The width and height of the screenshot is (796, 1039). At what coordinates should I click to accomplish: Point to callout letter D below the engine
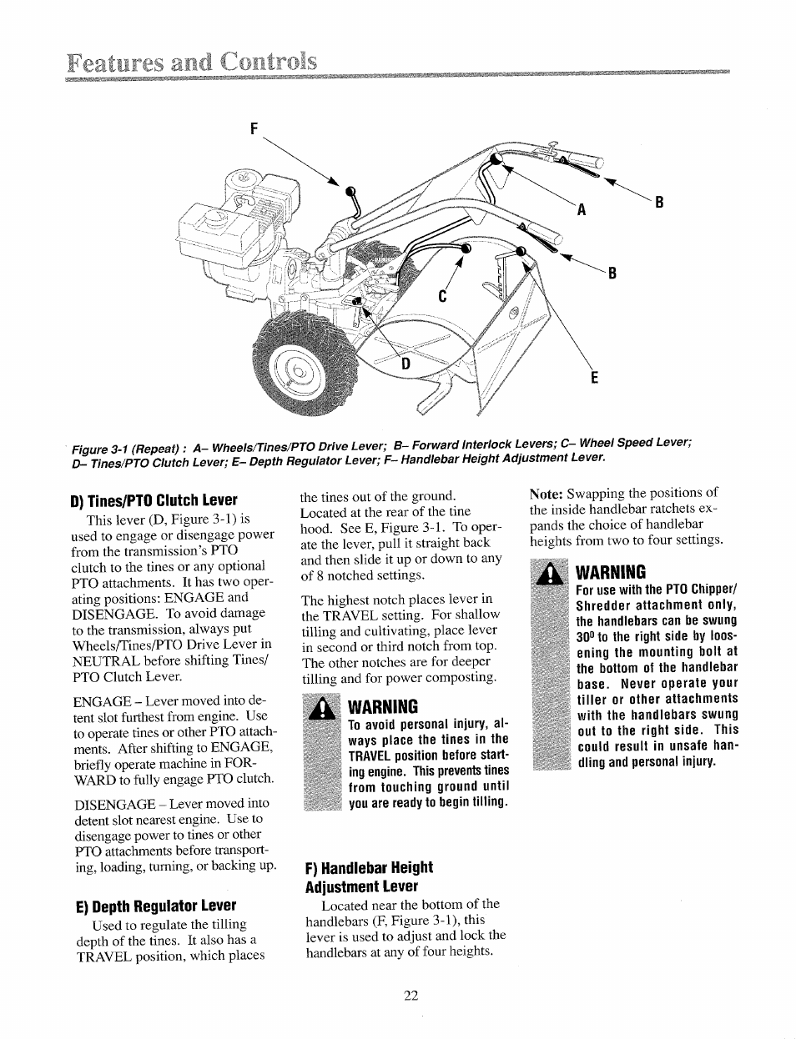(x=407, y=364)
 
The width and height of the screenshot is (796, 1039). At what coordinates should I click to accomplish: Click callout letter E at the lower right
(x=594, y=377)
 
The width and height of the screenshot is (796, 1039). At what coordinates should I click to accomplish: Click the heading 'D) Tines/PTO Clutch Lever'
(x=154, y=500)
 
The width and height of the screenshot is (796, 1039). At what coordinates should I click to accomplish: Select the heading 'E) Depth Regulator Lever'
(x=154, y=906)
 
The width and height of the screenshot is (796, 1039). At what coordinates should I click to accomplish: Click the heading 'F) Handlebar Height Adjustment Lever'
(x=369, y=876)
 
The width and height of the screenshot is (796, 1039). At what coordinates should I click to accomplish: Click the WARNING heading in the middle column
(x=383, y=706)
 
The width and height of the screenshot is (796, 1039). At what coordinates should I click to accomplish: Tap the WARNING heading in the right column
(x=611, y=573)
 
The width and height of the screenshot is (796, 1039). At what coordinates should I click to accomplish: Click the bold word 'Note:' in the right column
(x=547, y=492)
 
